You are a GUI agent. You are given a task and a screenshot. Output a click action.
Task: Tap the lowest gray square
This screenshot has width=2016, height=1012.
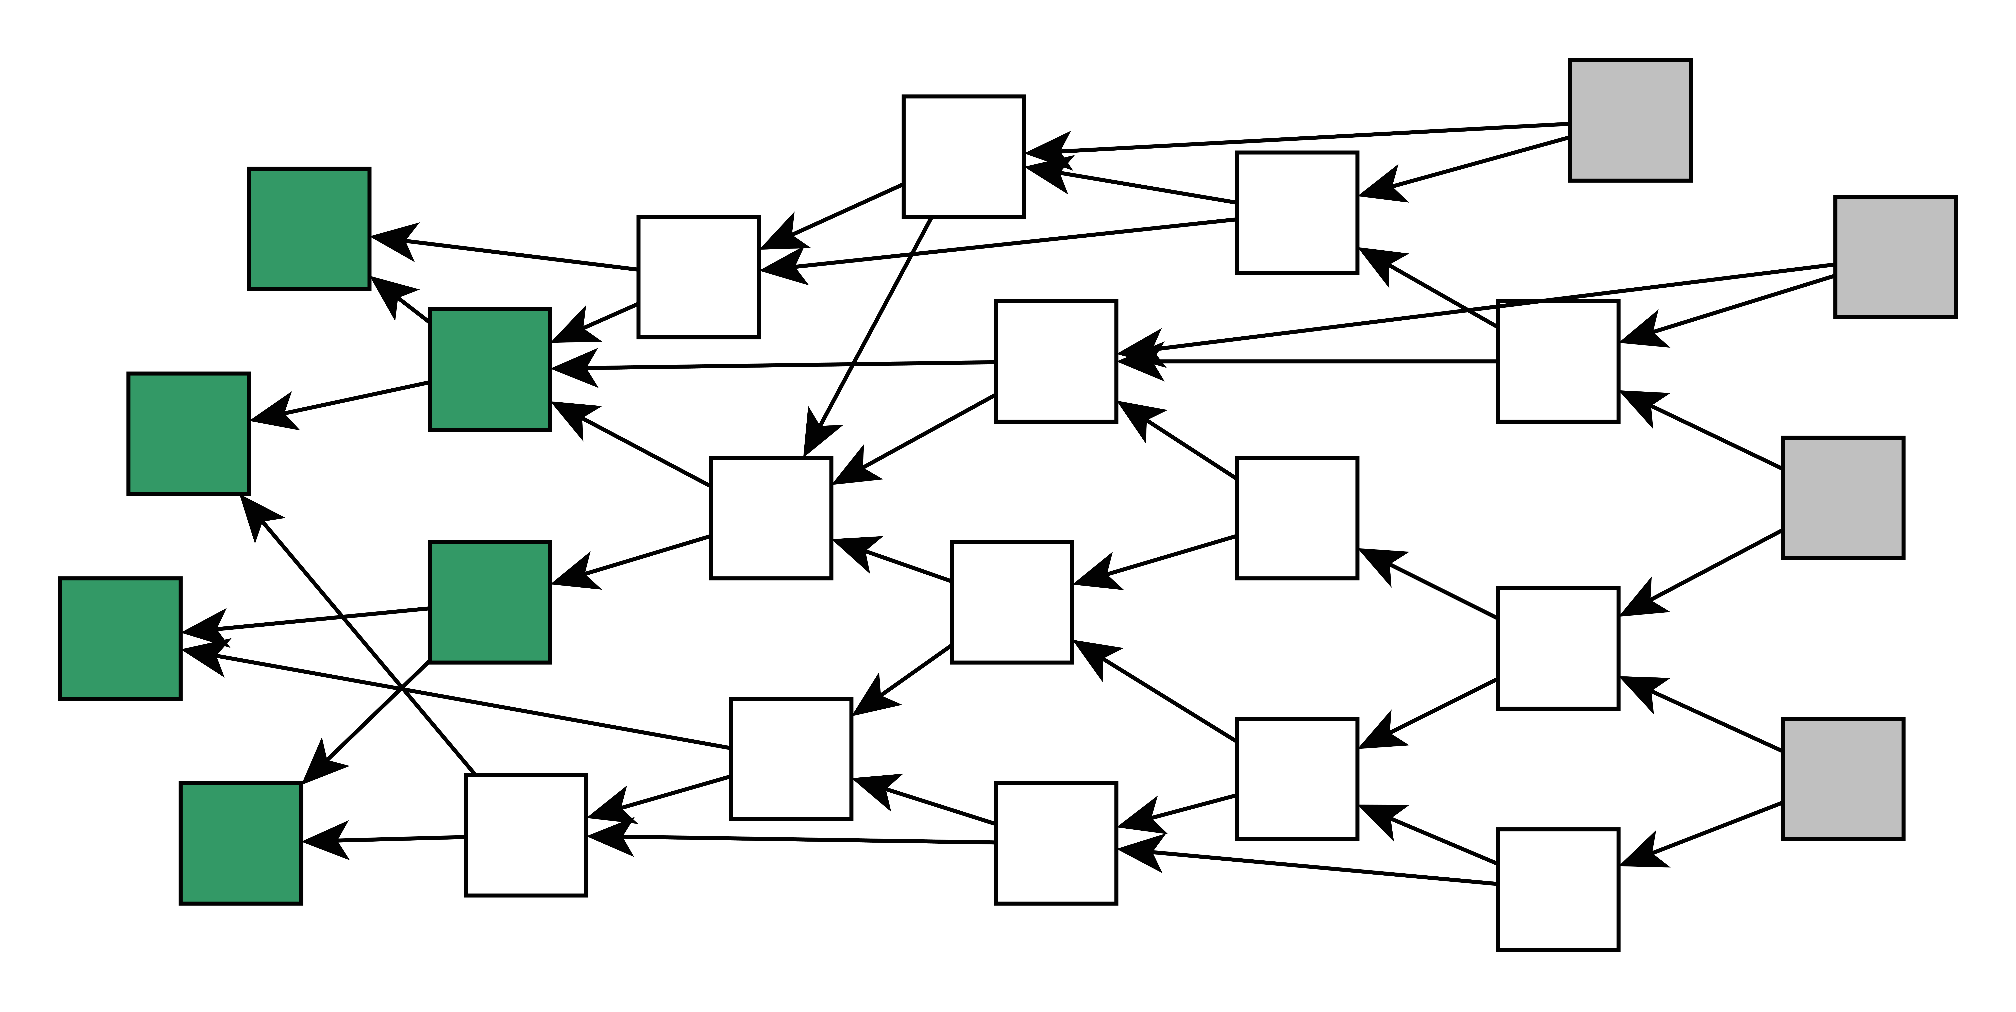1843,779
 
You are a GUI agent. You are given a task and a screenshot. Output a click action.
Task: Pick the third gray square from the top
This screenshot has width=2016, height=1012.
1843,498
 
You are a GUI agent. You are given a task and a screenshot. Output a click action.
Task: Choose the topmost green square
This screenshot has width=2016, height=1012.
309,229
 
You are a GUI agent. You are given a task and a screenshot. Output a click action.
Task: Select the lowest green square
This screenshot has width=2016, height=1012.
241,843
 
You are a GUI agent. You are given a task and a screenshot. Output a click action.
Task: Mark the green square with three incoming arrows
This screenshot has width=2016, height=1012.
490,369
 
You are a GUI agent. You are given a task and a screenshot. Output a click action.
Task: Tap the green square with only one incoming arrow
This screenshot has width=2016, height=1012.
490,602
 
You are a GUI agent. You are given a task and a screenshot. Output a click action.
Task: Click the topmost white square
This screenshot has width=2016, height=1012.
963,156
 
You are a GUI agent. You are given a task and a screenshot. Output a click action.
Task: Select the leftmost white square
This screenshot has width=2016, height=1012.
526,835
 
